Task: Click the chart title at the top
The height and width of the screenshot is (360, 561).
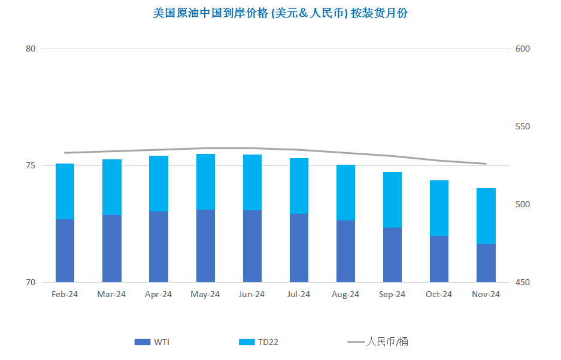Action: pyautogui.click(x=280, y=13)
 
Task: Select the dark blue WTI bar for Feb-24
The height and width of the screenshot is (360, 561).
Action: pyautogui.click(x=65, y=250)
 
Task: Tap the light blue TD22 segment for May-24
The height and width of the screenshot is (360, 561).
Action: pyautogui.click(x=205, y=181)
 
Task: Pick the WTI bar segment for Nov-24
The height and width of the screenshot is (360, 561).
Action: pyautogui.click(x=486, y=263)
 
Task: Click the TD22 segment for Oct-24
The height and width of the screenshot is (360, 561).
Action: pyautogui.click(x=439, y=208)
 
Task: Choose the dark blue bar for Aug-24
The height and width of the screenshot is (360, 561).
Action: pyautogui.click(x=345, y=251)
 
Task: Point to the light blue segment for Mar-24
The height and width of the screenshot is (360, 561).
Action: pyautogui.click(x=111, y=187)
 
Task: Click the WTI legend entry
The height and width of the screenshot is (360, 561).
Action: pyautogui.click(x=151, y=342)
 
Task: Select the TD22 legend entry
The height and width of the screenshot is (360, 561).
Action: pyautogui.click(x=258, y=342)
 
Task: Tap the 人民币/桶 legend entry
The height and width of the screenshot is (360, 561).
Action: pyautogui.click(x=377, y=342)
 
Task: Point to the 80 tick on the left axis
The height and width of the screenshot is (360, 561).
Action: pyautogui.click(x=31, y=49)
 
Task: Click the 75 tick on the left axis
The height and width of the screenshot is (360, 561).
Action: pyautogui.click(x=31, y=166)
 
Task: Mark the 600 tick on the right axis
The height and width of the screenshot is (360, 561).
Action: pyautogui.click(x=522, y=49)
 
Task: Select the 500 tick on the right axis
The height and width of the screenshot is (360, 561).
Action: pyautogui.click(x=522, y=204)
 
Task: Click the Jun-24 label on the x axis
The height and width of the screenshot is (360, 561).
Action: pyautogui.click(x=251, y=294)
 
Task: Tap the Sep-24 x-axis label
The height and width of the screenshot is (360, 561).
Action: pyautogui.click(x=392, y=294)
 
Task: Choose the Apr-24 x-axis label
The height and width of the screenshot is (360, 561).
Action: pyautogui.click(x=158, y=294)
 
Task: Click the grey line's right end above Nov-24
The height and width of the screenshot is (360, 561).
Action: pyautogui.click(x=486, y=164)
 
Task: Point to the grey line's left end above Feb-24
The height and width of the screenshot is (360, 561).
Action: pyautogui.click(x=65, y=153)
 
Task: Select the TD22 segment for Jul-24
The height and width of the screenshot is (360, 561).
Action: pyautogui.click(x=299, y=186)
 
